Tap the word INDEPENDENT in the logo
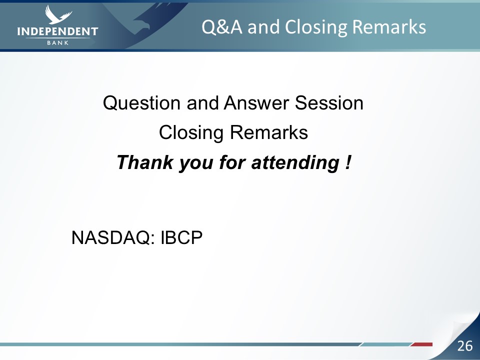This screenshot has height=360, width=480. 57,31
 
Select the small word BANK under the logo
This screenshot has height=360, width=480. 58,43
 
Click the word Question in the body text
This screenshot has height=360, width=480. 141,103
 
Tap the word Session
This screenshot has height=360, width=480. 329,102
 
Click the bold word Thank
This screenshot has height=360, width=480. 145,162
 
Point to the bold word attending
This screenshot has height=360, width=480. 295,162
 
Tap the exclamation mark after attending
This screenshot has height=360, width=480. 347,162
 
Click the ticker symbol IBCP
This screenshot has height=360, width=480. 181,237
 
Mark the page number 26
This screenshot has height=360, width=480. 464,346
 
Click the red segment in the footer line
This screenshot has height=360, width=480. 421,344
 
